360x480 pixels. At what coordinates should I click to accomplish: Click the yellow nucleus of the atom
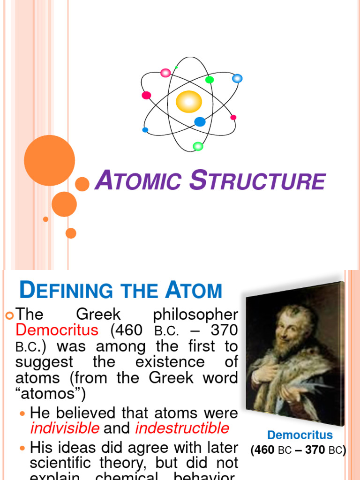[189, 102]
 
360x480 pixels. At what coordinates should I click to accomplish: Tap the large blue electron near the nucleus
[200, 122]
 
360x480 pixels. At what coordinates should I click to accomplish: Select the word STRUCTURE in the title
[257, 181]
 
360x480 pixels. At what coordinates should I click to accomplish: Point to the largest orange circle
[49, 160]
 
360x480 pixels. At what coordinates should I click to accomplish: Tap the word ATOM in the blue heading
[193, 291]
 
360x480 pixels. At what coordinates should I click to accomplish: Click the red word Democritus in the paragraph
[57, 330]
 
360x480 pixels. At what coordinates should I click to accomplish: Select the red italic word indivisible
[64, 428]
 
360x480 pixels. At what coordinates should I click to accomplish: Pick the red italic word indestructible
[182, 428]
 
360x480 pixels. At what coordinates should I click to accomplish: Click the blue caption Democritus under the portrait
[300, 435]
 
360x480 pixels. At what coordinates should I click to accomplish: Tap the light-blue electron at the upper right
[237, 78]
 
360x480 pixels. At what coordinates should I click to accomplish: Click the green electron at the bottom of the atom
[198, 146]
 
